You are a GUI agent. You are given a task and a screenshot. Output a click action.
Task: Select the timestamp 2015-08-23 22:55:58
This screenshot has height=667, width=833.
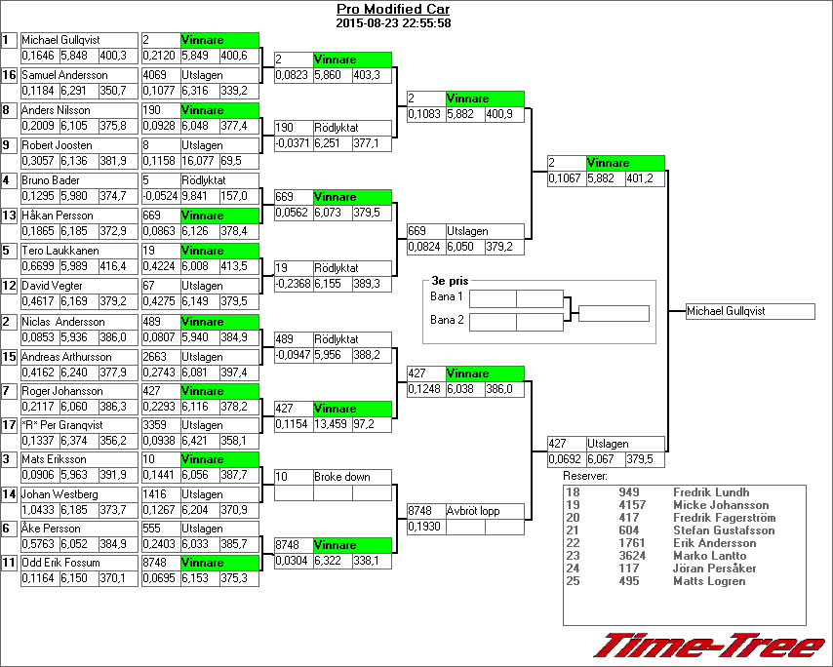(392, 22)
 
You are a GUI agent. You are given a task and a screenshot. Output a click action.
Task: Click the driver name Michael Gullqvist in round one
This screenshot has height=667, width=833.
(55, 40)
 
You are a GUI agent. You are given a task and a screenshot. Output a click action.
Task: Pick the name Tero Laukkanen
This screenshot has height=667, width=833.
(54, 251)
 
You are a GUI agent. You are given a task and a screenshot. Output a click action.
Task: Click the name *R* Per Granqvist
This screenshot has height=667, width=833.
(61, 425)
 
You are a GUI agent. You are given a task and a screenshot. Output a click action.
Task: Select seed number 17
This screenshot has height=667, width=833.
(10, 425)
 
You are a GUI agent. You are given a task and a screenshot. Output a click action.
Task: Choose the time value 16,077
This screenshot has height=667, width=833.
(199, 161)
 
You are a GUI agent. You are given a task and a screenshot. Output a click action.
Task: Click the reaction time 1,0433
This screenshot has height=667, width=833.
(38, 509)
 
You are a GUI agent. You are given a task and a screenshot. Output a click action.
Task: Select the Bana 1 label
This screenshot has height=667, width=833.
(447, 296)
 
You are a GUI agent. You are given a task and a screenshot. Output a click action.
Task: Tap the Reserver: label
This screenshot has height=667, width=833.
(585, 476)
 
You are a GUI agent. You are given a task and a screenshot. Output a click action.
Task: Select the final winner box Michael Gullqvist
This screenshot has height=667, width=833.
(749, 311)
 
